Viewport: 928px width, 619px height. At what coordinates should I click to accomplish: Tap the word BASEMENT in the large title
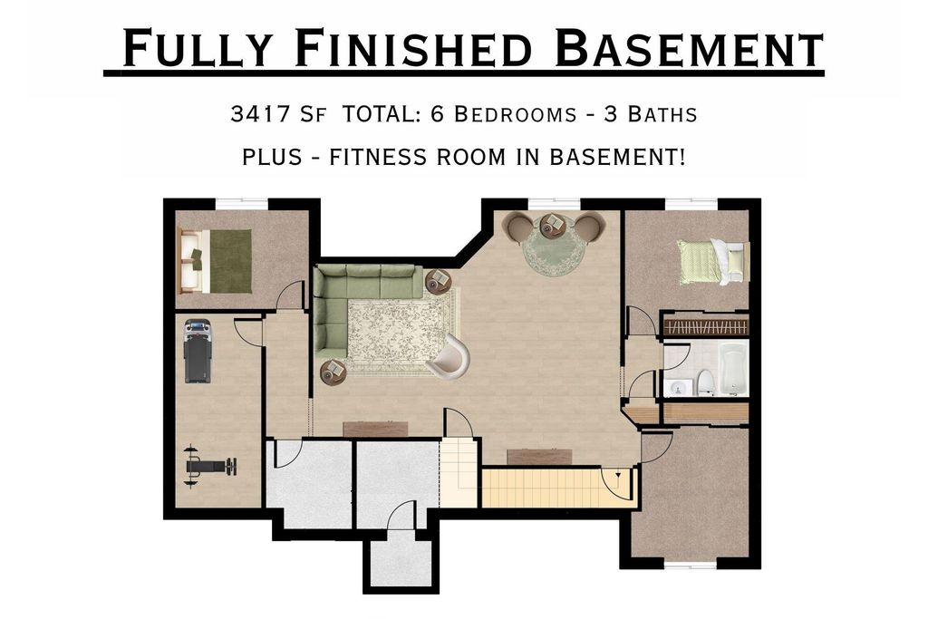click(x=689, y=49)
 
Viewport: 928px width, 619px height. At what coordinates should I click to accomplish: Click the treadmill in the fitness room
click(x=198, y=350)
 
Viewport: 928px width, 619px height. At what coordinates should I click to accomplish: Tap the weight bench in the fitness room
click(x=209, y=465)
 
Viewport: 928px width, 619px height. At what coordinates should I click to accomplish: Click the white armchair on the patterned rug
click(x=449, y=357)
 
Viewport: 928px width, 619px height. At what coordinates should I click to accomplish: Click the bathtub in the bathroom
click(x=733, y=369)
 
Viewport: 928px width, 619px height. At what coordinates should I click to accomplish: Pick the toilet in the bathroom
click(x=706, y=381)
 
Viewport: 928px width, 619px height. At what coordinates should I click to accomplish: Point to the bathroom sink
click(x=679, y=387)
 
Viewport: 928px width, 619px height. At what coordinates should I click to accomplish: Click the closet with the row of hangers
click(x=706, y=324)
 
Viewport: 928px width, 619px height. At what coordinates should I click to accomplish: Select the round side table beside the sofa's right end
click(x=438, y=281)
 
